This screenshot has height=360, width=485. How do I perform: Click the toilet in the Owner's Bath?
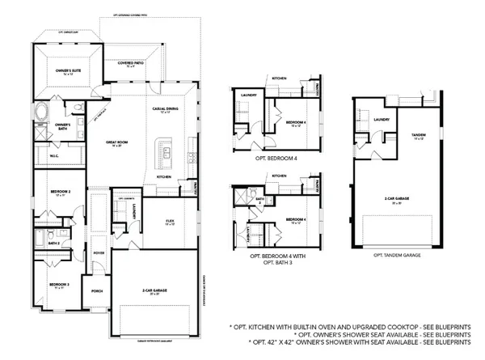[77, 107]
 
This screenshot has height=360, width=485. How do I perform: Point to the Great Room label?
[117, 144]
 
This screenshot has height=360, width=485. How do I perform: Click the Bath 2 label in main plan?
[54, 242]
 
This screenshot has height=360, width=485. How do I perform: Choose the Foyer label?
[99, 251]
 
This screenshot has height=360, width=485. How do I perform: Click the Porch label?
[97, 290]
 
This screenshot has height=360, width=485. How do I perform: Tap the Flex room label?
[171, 222]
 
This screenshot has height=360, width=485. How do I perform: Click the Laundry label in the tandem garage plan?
[382, 120]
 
